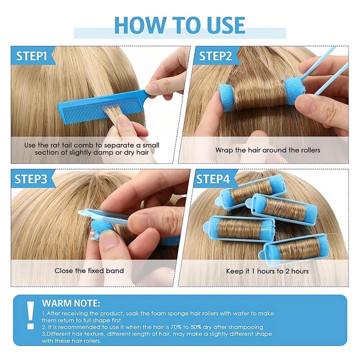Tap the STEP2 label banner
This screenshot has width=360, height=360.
(215, 56)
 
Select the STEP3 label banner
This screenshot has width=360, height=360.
(31, 179)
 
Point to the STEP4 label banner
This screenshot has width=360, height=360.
(214, 179)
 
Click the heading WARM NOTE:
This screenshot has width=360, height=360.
(71, 303)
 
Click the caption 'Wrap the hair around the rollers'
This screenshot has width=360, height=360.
(267, 150)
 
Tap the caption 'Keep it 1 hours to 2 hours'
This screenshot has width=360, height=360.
(267, 271)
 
